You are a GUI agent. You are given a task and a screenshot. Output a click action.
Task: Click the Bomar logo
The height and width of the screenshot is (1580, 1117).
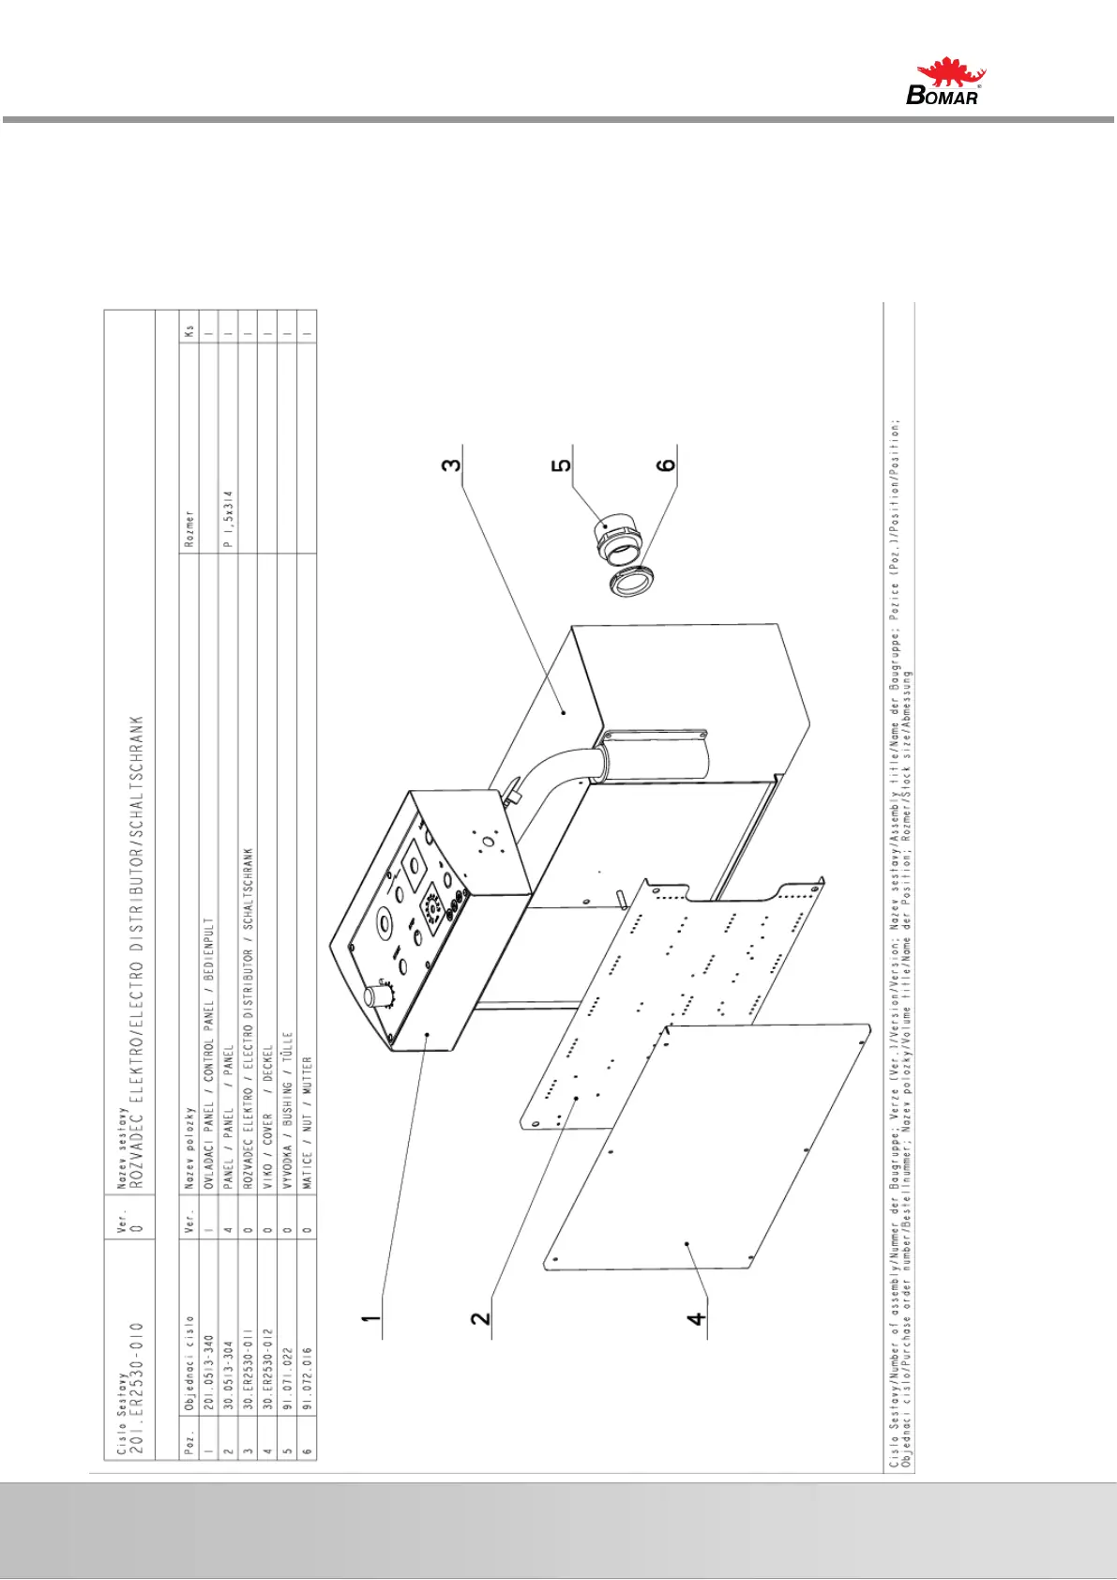(x=947, y=82)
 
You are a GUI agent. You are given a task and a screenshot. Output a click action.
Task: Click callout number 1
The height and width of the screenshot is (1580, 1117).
(x=372, y=1319)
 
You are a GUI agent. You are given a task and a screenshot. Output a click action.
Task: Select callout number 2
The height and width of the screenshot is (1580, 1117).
(x=481, y=1317)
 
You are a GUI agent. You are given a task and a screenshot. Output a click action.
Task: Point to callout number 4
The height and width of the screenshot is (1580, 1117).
(x=696, y=1317)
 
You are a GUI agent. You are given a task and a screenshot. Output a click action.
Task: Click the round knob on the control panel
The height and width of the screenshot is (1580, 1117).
(x=377, y=995)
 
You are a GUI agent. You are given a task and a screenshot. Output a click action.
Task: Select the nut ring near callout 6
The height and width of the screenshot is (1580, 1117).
(x=630, y=584)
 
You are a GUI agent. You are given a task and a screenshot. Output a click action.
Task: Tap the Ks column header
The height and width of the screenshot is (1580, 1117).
(x=189, y=331)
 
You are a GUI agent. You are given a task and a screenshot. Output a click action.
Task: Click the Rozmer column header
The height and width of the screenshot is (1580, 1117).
(x=189, y=531)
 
